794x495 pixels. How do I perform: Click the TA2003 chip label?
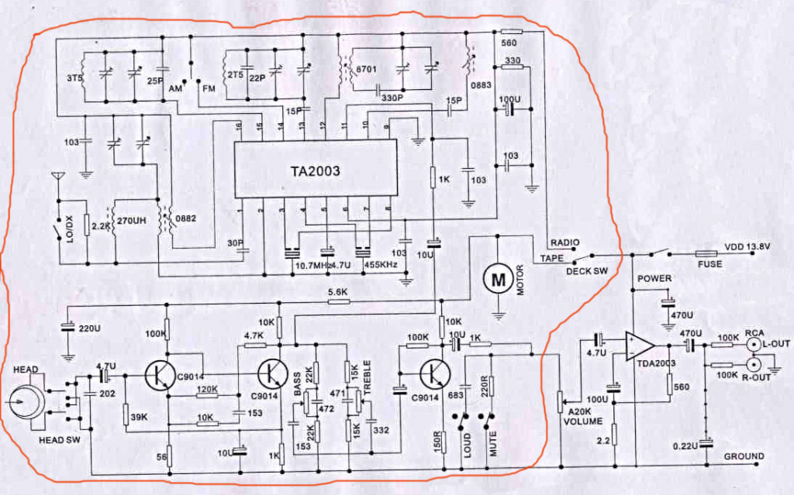coord(316,172)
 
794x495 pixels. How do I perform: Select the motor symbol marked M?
coord(494,277)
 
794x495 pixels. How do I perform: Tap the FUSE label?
coord(709,264)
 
